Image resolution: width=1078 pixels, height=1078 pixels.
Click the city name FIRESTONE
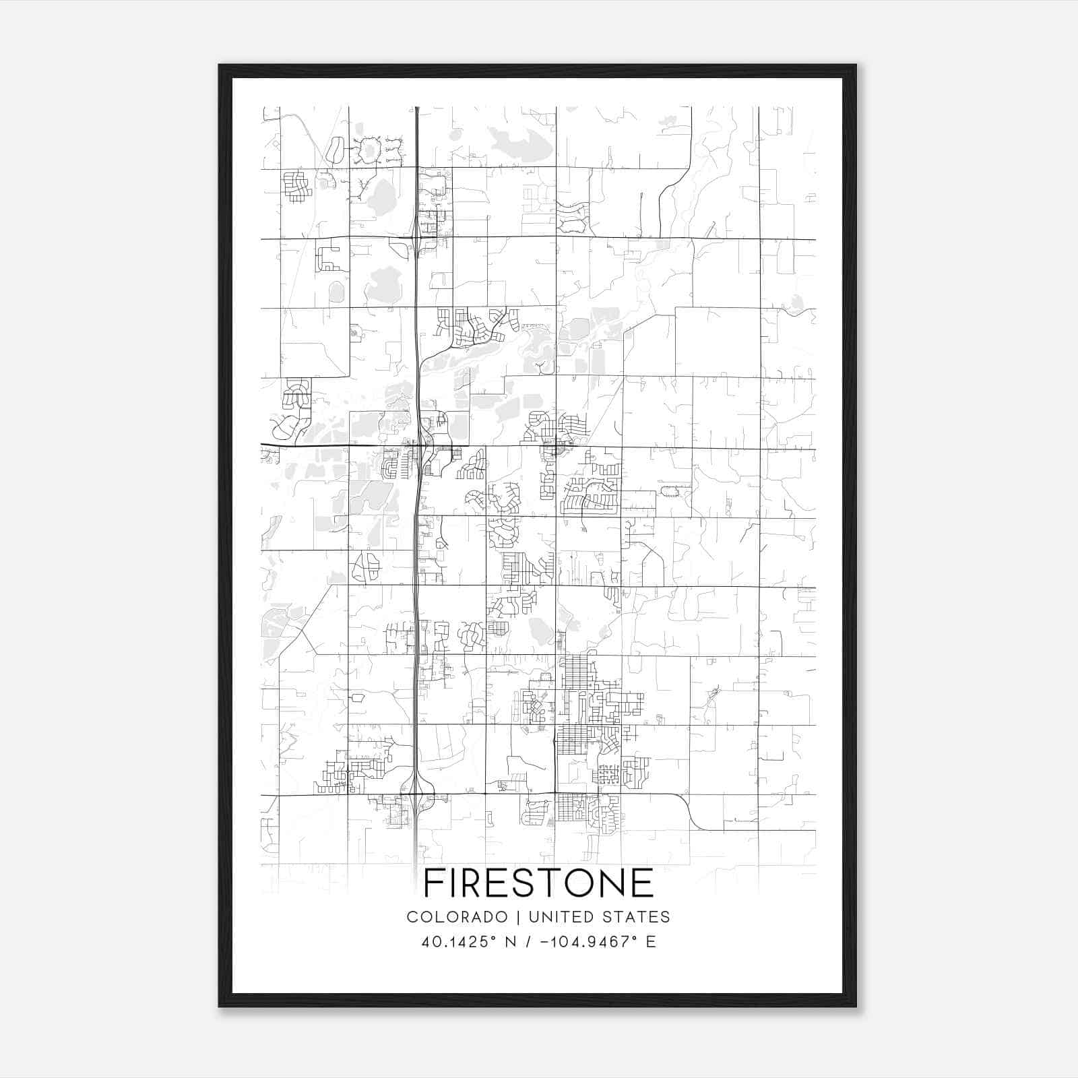pos(539,883)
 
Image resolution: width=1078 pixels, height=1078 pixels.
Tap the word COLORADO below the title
pos(457,917)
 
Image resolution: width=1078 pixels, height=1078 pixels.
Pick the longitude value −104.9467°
pos(587,942)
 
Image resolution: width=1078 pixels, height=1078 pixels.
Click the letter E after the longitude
pos(651,942)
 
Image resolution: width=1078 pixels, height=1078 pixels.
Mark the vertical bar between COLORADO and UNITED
pos(518,917)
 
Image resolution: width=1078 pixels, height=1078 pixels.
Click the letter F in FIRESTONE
pos(434,883)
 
